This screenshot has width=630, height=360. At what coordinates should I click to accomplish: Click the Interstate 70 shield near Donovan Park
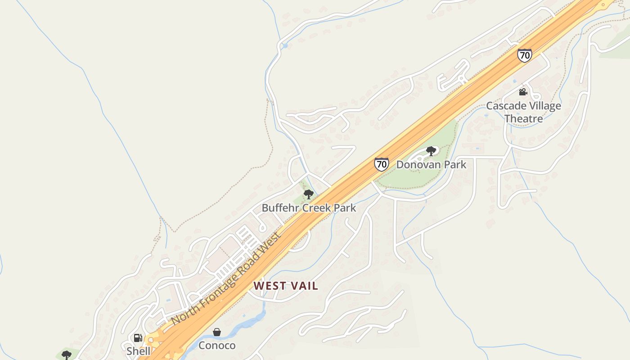pos(381,164)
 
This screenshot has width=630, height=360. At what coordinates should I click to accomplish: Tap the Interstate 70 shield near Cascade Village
pos(524,55)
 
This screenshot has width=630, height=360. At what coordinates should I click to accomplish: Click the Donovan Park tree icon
pos(431,151)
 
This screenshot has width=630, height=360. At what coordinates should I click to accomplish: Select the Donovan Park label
pos(431,165)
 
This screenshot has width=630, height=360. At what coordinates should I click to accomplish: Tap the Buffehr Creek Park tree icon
pos(308,194)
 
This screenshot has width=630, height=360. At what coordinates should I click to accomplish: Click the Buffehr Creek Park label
pos(309,208)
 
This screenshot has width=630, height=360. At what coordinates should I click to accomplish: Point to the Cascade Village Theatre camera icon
pos(523,92)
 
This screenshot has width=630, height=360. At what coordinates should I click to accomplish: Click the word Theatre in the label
pos(523,119)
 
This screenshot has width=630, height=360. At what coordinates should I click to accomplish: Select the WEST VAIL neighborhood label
pos(286,286)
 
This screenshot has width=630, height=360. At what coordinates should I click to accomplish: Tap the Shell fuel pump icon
pos(138,338)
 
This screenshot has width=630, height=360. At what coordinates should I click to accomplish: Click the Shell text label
pos(138,351)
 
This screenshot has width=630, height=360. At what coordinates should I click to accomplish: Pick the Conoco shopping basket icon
pos(217,332)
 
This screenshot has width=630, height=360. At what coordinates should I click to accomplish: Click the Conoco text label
pos(217,346)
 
